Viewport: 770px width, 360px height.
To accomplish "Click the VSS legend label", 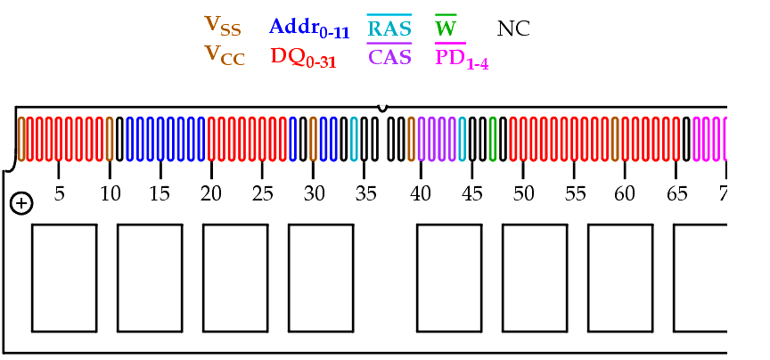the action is pyautogui.click(x=223, y=26).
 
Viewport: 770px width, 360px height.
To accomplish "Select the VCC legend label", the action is pyautogui.click(x=225, y=55).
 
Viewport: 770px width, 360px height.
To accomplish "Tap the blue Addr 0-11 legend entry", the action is pyautogui.click(x=309, y=29).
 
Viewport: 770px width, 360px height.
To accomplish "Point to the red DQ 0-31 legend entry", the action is pyautogui.click(x=304, y=58).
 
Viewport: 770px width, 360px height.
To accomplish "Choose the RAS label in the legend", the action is pyautogui.click(x=389, y=27).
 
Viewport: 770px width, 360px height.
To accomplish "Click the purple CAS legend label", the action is pyautogui.click(x=389, y=55).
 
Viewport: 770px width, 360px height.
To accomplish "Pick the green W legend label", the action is pyautogui.click(x=446, y=27).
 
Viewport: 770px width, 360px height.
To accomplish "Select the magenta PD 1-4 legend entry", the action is pyautogui.click(x=462, y=57).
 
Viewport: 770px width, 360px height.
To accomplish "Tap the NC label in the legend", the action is pyautogui.click(x=513, y=29).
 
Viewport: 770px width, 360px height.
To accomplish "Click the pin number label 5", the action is pyautogui.click(x=59, y=194).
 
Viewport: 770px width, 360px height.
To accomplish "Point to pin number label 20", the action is pyautogui.click(x=211, y=194).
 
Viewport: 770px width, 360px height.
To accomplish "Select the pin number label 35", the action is pyautogui.click(x=366, y=194).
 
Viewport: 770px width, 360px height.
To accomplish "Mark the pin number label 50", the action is pyautogui.click(x=523, y=194).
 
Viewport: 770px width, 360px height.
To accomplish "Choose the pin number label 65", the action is pyautogui.click(x=676, y=194).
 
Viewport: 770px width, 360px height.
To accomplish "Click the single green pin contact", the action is pyautogui.click(x=493, y=139).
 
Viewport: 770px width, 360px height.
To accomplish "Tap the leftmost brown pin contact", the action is pyautogui.click(x=21, y=139).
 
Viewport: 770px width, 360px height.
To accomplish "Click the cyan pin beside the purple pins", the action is pyautogui.click(x=463, y=139).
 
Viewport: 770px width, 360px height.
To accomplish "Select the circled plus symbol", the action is pyautogui.click(x=21, y=204).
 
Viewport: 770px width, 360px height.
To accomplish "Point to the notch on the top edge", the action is pyautogui.click(x=382, y=108).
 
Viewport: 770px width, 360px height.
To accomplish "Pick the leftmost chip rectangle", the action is pyautogui.click(x=64, y=278).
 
